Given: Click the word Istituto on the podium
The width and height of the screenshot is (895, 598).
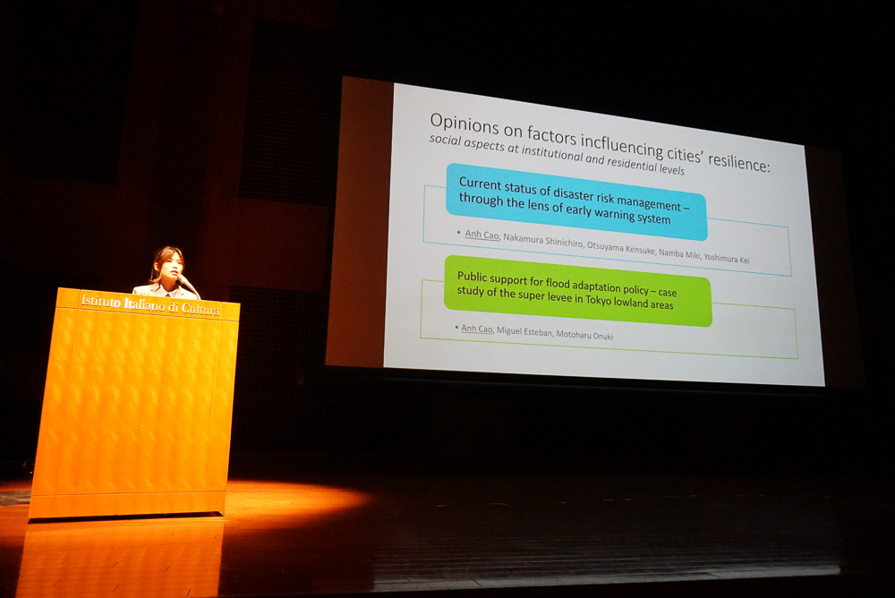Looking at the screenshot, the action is (x=101, y=301).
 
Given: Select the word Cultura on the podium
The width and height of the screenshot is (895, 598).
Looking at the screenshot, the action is (x=200, y=309).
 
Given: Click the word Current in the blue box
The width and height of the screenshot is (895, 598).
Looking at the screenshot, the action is (x=479, y=184).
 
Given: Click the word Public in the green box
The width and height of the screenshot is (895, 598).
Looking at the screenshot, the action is (x=472, y=278).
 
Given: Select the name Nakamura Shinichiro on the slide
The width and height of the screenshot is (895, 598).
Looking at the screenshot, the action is (x=543, y=240).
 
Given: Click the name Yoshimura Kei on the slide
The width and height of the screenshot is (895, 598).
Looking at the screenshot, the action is (x=727, y=258).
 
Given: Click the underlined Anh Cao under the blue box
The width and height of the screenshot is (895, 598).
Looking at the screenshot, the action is (x=482, y=235).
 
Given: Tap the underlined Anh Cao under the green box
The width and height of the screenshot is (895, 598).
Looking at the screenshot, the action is (x=477, y=329).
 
